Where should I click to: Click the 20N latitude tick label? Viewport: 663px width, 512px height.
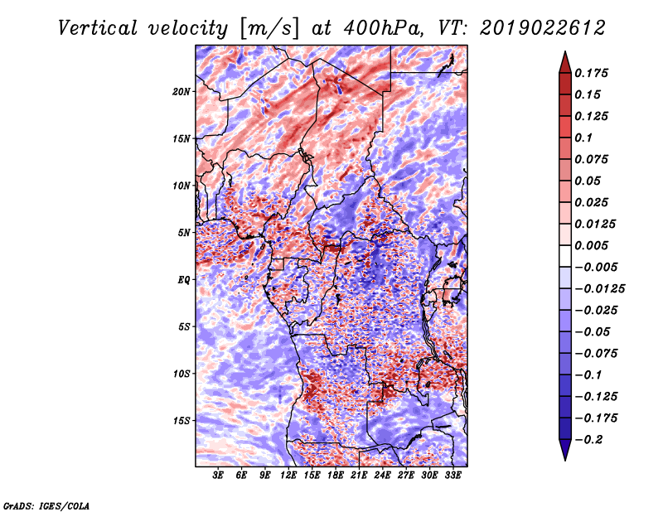tap(181, 91)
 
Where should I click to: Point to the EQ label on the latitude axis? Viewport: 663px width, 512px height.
tap(184, 280)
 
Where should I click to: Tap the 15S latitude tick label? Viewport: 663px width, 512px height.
tap(181, 421)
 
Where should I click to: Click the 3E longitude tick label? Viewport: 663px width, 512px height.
tap(219, 476)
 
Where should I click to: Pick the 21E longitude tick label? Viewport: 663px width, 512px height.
tap(359, 476)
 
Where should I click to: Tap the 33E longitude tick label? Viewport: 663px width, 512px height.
tap(452, 476)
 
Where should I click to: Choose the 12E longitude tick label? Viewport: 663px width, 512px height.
tap(288, 476)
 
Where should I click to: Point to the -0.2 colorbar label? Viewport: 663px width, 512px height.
tap(592, 440)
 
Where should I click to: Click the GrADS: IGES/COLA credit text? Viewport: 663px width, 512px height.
tap(46, 505)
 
